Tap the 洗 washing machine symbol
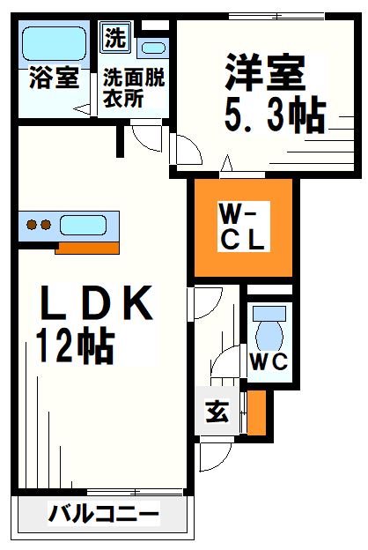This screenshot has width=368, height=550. tap(114, 38)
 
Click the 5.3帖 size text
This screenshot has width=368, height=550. tap(274, 115)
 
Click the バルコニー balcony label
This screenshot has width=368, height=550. tap(104, 513)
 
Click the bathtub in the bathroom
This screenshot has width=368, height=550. tap(50, 42)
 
